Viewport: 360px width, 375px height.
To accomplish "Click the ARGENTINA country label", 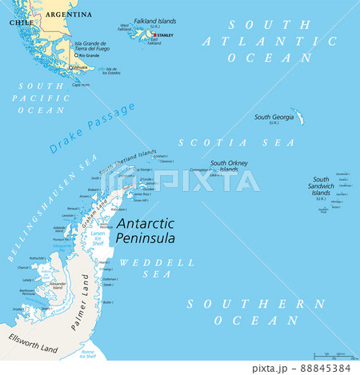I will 68,14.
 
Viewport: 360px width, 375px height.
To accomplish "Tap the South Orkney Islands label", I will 229,166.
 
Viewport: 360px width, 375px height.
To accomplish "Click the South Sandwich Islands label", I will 321,186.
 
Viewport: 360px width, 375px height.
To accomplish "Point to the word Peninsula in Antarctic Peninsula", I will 146,237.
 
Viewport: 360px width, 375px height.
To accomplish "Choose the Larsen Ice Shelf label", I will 97,238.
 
